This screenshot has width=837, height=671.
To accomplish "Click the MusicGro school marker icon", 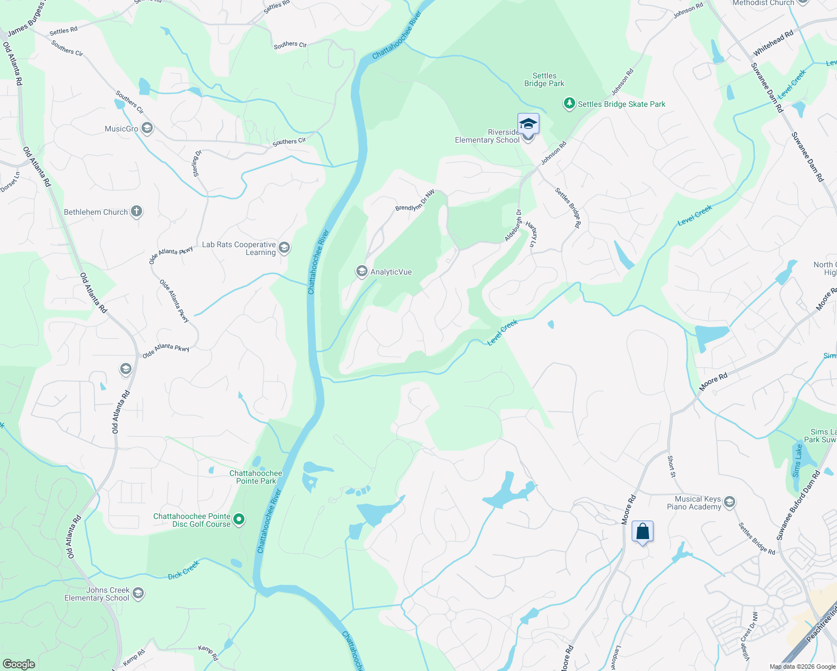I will click(x=147, y=129).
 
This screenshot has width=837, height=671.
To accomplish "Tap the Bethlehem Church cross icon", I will click(x=137, y=211).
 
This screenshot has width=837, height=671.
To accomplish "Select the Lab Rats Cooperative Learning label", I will click(x=239, y=248).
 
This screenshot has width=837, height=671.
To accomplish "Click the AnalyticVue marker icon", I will click(x=361, y=272).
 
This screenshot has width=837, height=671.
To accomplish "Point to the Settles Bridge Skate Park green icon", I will click(x=569, y=103).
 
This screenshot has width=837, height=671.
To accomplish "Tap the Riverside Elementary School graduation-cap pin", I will click(x=528, y=124).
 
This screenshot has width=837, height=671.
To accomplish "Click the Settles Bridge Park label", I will click(x=544, y=79).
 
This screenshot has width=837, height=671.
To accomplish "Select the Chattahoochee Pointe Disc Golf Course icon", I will click(x=239, y=519).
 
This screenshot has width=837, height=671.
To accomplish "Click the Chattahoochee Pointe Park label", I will click(x=256, y=477).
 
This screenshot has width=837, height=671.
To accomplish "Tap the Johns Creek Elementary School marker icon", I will click(x=138, y=593).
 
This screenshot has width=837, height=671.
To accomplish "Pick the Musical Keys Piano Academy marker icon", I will click(x=729, y=502).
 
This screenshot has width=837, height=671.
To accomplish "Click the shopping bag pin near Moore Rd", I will click(x=642, y=532).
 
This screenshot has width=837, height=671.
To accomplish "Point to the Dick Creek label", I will click(x=184, y=570).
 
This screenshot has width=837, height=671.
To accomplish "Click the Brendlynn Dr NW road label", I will click(x=415, y=200).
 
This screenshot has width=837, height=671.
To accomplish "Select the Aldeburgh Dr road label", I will click(x=512, y=225).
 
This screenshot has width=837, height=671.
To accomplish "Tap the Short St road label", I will click(x=671, y=466).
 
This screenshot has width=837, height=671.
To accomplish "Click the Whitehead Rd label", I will click(x=773, y=43).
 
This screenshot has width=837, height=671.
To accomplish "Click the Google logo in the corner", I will click(x=18, y=664).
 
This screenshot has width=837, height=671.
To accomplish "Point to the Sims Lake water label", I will click(x=797, y=461).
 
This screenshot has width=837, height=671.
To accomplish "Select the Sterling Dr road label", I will click(x=196, y=163).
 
